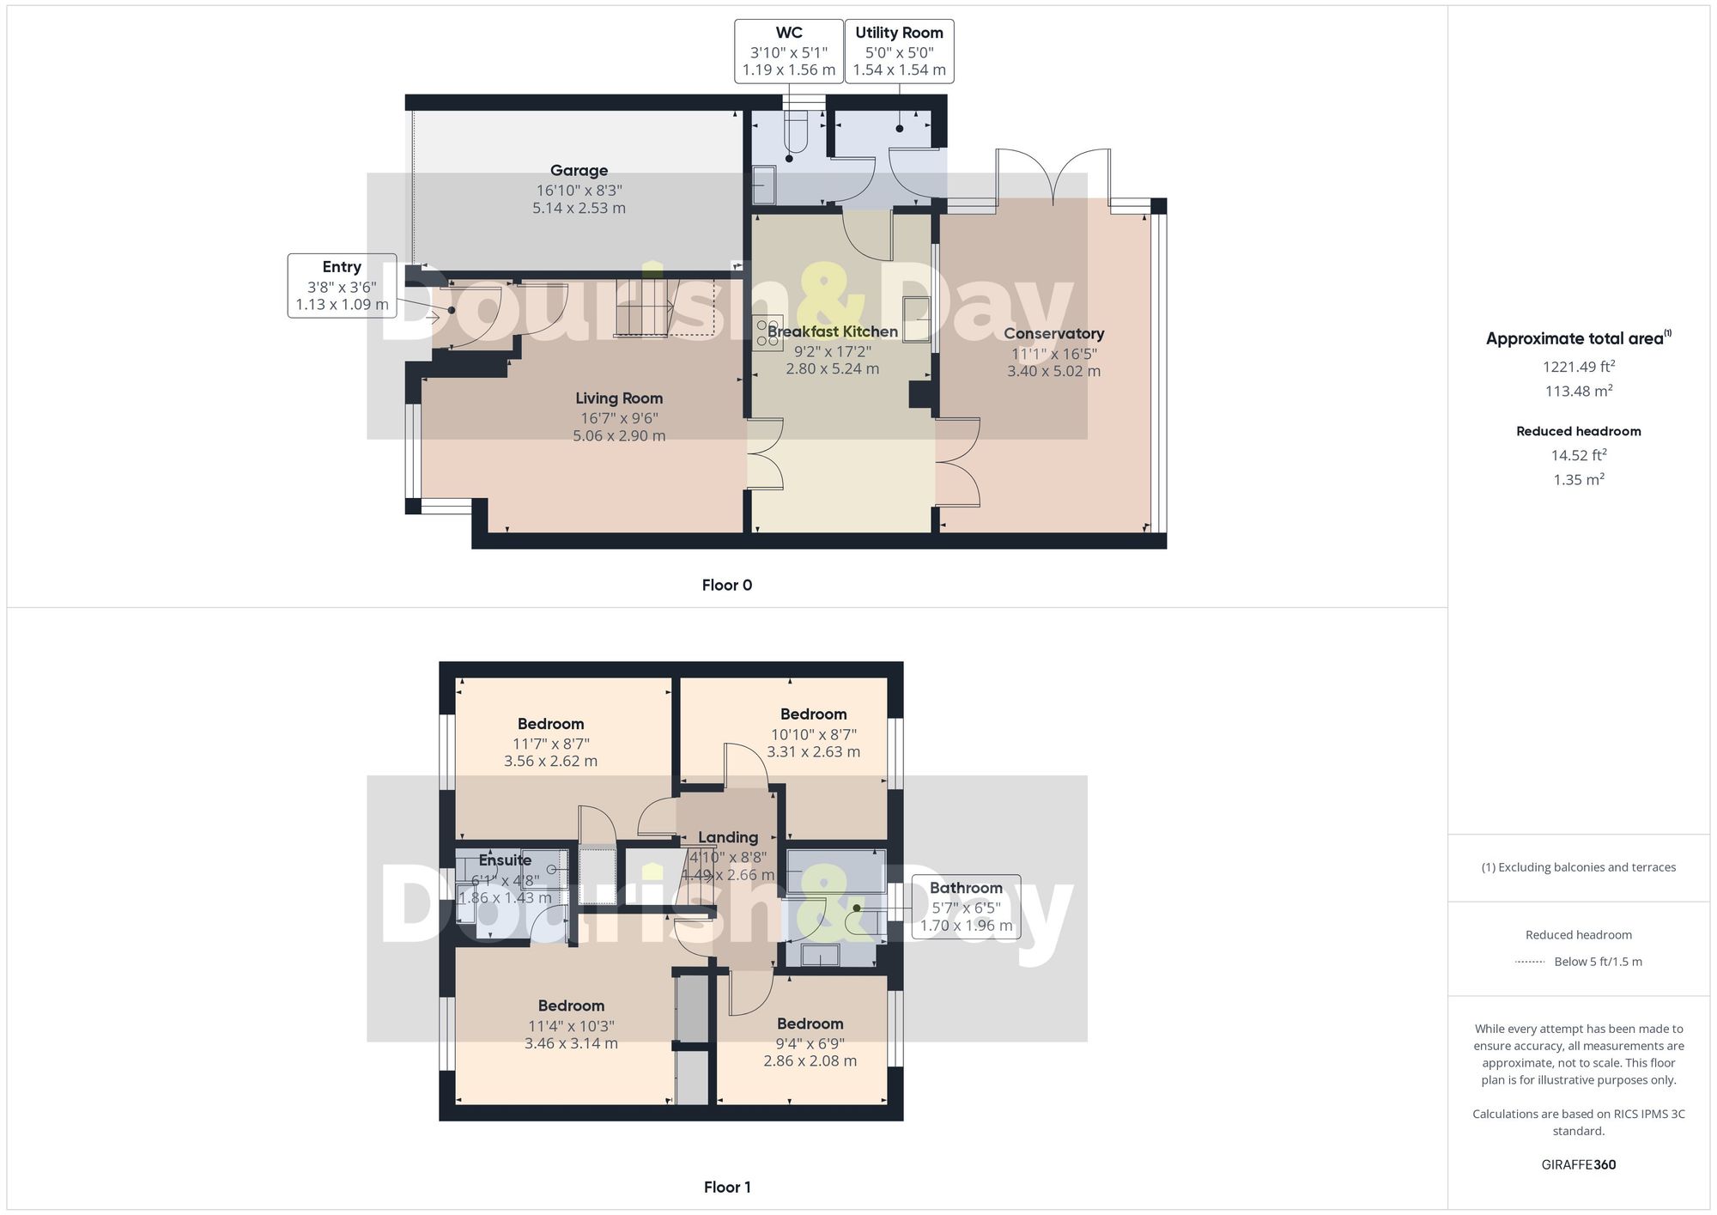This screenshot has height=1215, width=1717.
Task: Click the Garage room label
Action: pyautogui.click(x=579, y=171)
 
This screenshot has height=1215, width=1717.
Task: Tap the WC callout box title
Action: pyautogui.click(x=788, y=33)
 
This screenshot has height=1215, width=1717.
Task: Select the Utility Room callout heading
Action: pyautogui.click(x=899, y=33)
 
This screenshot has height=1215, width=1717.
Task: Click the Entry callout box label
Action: pyautogui.click(x=342, y=267)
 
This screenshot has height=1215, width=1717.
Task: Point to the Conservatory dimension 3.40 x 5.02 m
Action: pyautogui.click(x=1053, y=372)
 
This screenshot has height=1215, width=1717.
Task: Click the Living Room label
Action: pyautogui.click(x=619, y=398)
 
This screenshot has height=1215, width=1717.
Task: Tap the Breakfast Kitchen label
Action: pyautogui.click(x=832, y=331)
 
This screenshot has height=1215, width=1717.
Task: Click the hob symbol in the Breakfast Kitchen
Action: pyautogui.click(x=767, y=333)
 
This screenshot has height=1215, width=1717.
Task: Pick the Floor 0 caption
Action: pyautogui.click(x=726, y=586)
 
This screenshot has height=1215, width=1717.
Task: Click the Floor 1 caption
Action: pyautogui.click(x=726, y=1188)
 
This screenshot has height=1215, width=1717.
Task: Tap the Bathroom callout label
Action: pyautogui.click(x=966, y=888)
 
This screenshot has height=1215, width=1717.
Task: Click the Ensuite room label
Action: pyautogui.click(x=505, y=860)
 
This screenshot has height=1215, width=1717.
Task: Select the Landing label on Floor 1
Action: pyautogui.click(x=728, y=837)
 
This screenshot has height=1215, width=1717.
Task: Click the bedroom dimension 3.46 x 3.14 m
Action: pyautogui.click(x=571, y=1044)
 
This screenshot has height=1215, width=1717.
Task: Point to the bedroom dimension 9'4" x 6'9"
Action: pyautogui.click(x=810, y=1044)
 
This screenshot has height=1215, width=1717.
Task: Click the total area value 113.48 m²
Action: pyautogui.click(x=1578, y=392)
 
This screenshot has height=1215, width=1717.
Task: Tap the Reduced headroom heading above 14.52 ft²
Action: pyautogui.click(x=1578, y=432)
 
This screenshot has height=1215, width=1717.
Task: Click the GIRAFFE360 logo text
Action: pyautogui.click(x=1578, y=1165)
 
